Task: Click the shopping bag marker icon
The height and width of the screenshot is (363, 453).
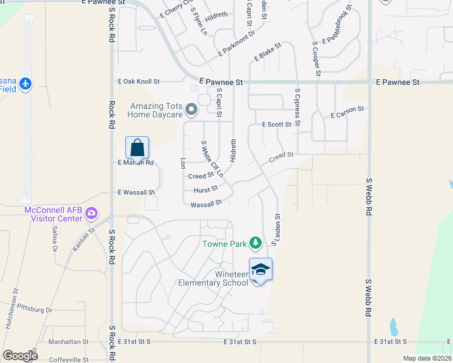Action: coord(137,148)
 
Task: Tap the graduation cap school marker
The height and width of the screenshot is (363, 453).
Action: coord(261,269)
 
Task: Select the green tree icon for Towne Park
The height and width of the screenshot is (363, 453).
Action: coord(256,243)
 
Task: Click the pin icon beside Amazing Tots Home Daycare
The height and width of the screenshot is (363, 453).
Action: coord(191,110)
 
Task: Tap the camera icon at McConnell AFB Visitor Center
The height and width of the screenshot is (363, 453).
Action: coord(91,212)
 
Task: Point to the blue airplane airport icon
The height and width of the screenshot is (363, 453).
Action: coord(24,83)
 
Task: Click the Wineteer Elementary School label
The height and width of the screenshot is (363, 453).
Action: coord(213,278)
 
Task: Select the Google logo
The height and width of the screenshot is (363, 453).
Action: coord(20,355)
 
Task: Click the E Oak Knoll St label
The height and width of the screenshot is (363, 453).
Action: coord(139,81)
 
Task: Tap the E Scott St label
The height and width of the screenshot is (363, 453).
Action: coord(277,124)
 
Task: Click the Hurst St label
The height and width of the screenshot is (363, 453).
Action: coord(205,189)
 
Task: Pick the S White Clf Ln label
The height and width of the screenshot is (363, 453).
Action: coord(211,159)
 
